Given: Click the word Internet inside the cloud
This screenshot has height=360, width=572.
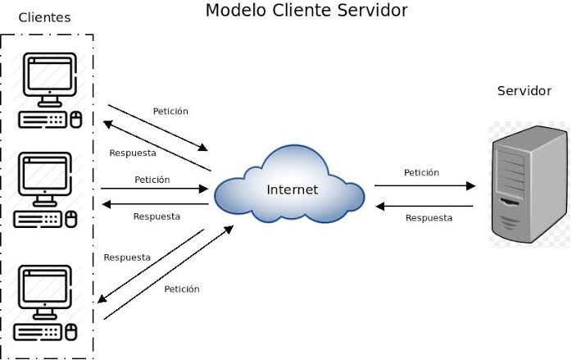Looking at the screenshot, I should pyautogui.click(x=292, y=190).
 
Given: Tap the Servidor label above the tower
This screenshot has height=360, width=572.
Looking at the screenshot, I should pyautogui.click(x=524, y=90).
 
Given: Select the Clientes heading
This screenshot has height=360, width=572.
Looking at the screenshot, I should pyautogui.click(x=44, y=17).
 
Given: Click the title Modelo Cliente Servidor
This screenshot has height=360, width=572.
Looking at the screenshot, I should pyautogui.click(x=306, y=11).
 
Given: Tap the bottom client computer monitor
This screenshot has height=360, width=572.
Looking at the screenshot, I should pyautogui.click(x=46, y=287).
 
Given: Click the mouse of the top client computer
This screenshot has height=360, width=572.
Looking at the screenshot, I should pyautogui.click(x=76, y=120).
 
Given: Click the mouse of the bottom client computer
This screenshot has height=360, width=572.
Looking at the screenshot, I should pyautogui.click(x=71, y=332).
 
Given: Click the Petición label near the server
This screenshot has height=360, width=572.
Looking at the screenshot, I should pyautogui.click(x=421, y=173).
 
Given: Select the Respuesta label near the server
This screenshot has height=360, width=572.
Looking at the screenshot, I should pyautogui.click(x=429, y=218).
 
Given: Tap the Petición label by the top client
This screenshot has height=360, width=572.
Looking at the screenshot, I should pyautogui.click(x=170, y=111).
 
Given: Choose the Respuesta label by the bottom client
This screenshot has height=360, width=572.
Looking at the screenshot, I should pyautogui.click(x=127, y=257).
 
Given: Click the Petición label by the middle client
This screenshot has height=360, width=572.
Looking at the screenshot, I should pyautogui.click(x=152, y=179).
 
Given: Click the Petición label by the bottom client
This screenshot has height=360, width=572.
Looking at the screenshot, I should pyautogui.click(x=182, y=289).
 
